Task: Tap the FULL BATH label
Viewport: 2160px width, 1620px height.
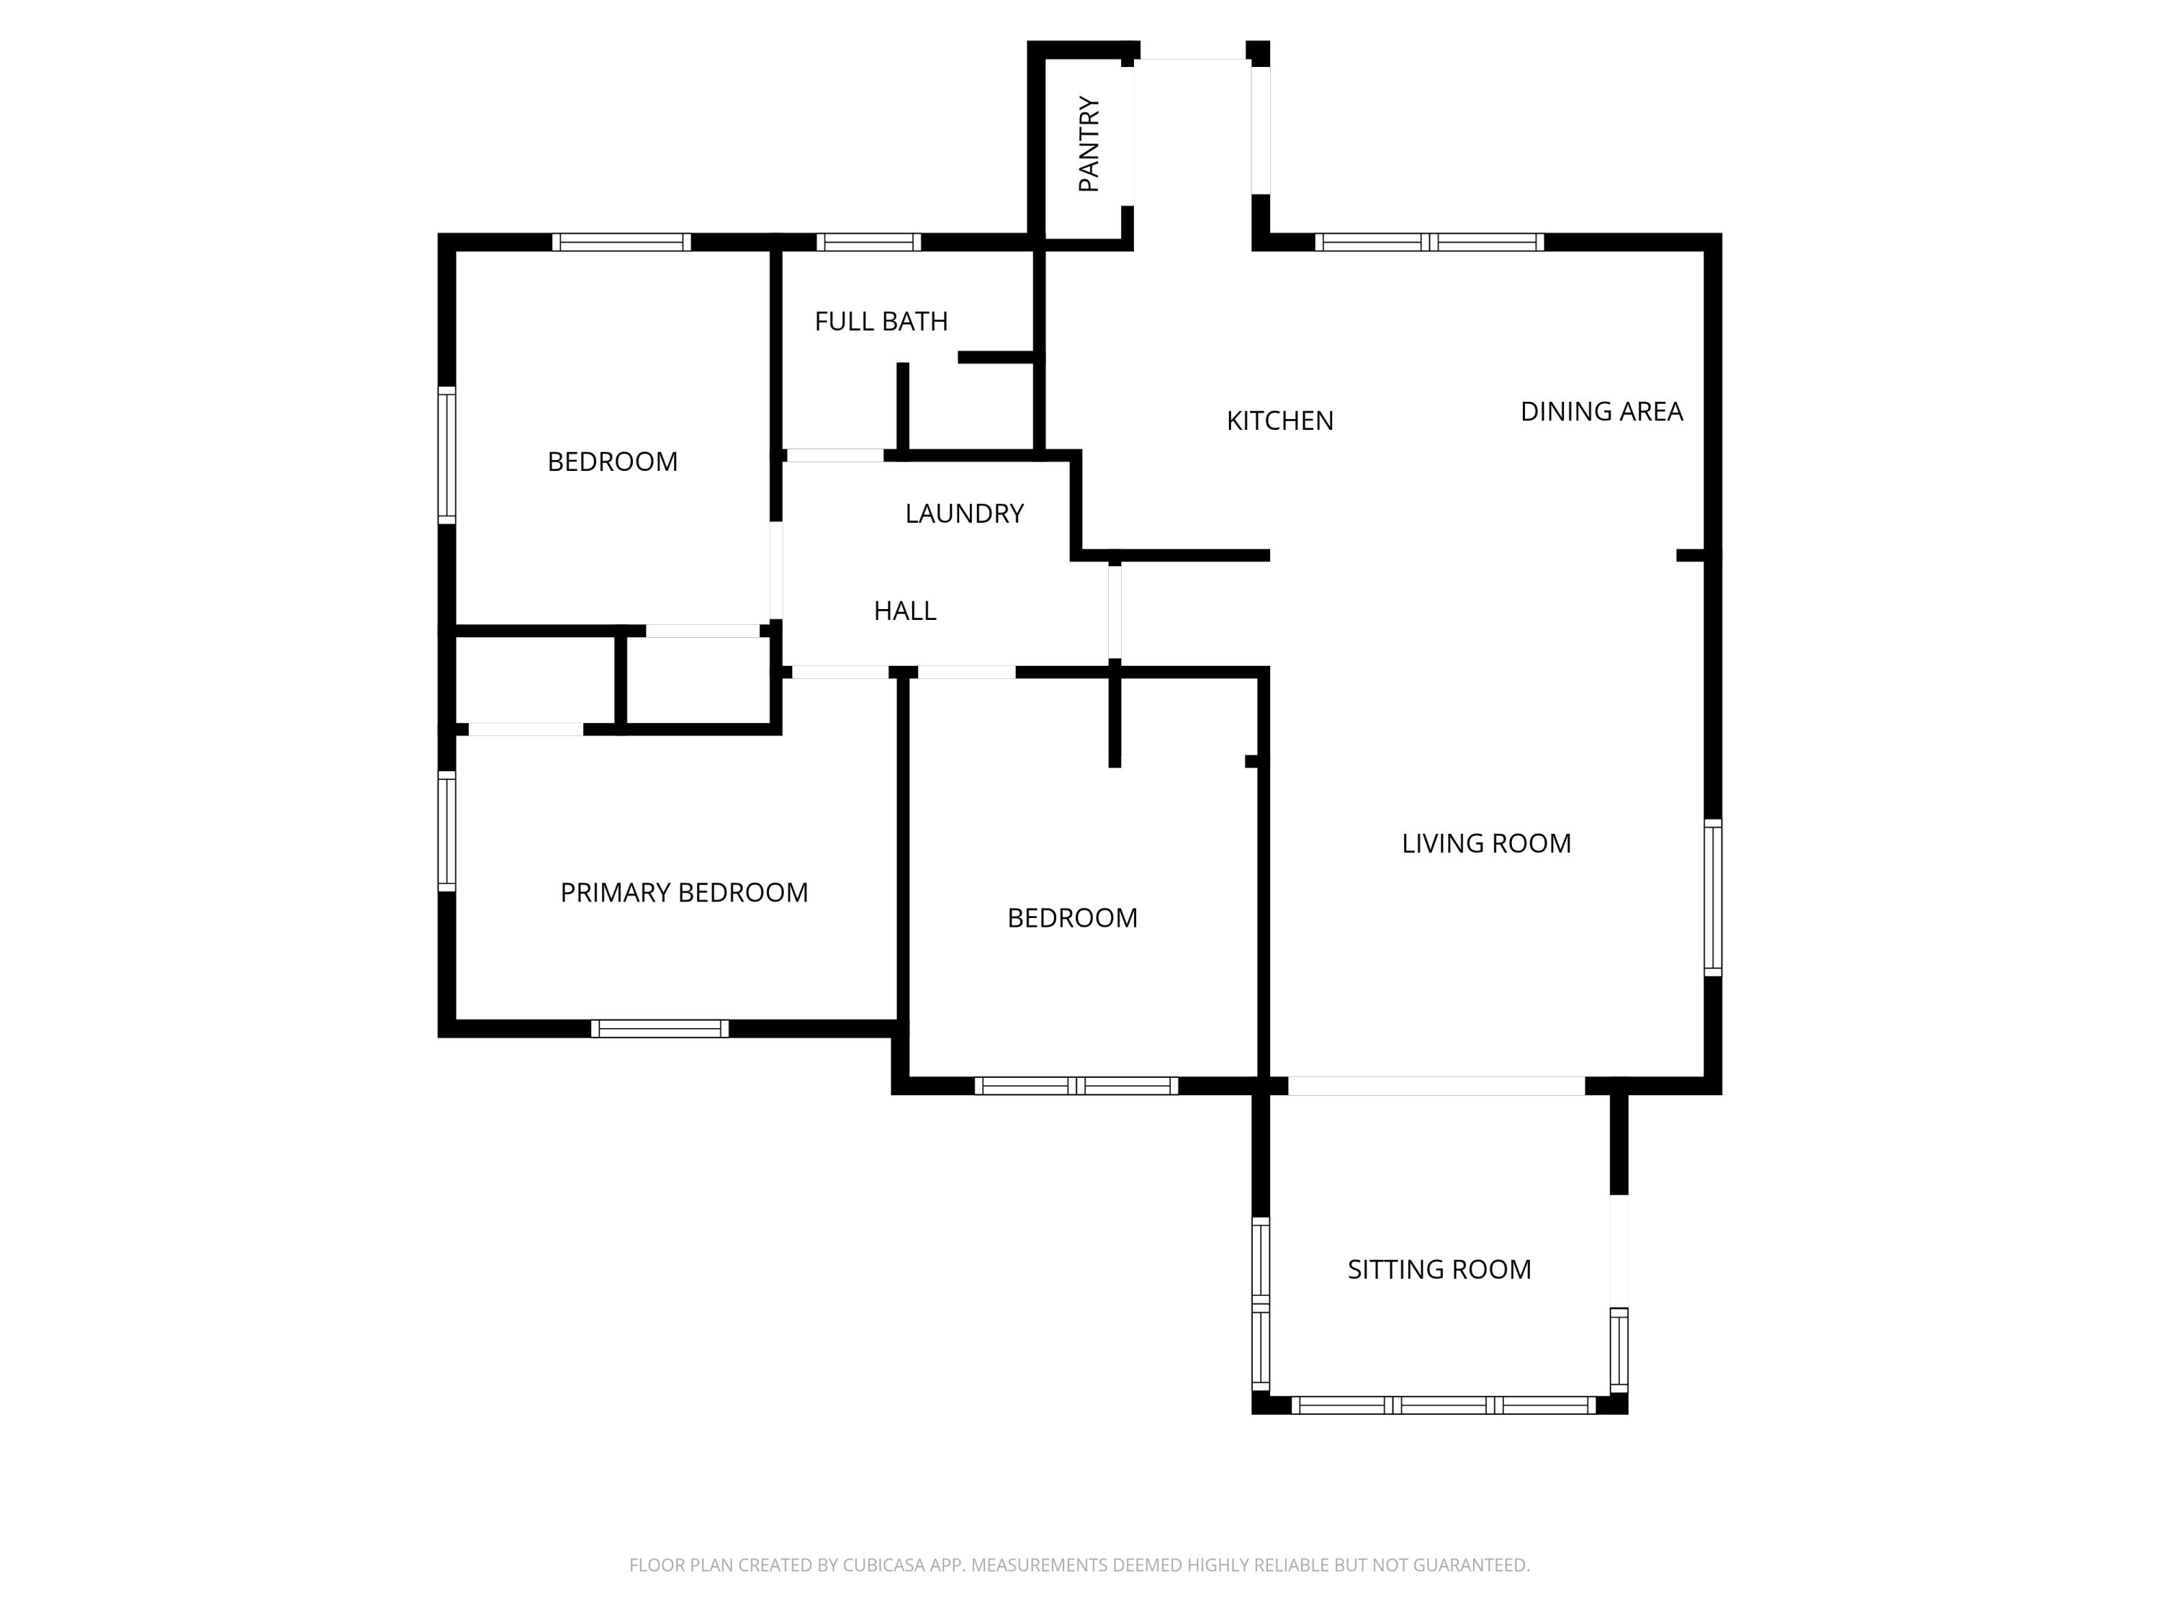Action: pyautogui.click(x=881, y=321)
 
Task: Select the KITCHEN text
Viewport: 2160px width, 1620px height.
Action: pyautogui.click(x=1279, y=421)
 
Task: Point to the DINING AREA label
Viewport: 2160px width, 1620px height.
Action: pyautogui.click(x=1601, y=412)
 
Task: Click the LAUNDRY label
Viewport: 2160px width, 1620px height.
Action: pyautogui.click(x=964, y=513)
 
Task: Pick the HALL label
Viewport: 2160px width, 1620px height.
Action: pyautogui.click(x=904, y=611)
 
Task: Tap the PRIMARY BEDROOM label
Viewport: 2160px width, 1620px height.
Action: pyautogui.click(x=683, y=893)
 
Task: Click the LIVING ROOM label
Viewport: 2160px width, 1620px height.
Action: pyautogui.click(x=1485, y=844)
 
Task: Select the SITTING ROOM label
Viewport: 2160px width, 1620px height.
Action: pyautogui.click(x=1439, y=1269)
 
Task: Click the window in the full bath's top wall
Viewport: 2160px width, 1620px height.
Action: pyautogui.click(x=868, y=242)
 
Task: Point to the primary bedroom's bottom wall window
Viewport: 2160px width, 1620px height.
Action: pyautogui.click(x=659, y=1028)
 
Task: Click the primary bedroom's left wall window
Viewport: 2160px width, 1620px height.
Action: pyautogui.click(x=446, y=831)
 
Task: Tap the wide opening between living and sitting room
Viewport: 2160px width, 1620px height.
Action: pyautogui.click(x=1436, y=1085)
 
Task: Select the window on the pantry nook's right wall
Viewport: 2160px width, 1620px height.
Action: pyautogui.click(x=1261, y=130)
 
